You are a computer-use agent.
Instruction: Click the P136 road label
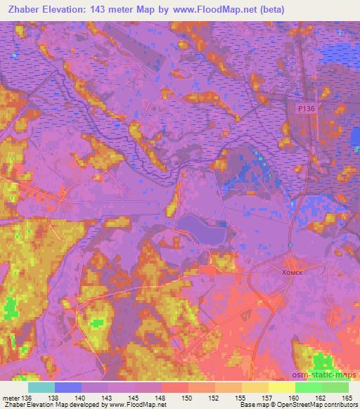tap(305, 108)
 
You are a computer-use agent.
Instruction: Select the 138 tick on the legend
tap(54, 397)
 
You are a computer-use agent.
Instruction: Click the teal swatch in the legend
tap(41, 387)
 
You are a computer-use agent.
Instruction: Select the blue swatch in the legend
tap(67, 387)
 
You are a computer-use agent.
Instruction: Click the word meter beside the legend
tap(11, 397)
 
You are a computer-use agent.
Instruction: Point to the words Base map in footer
tap(252, 405)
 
